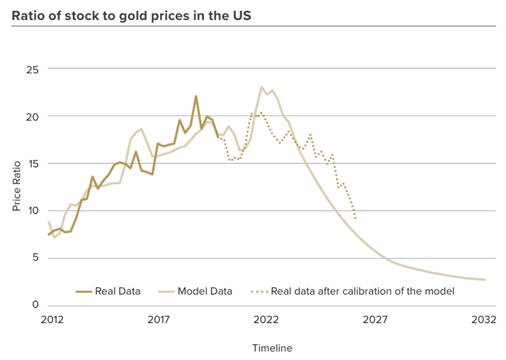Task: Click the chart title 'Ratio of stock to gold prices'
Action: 132,16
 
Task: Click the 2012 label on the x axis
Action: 52,320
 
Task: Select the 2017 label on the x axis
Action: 159,320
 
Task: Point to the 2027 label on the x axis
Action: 374,320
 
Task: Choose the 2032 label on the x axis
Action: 482,320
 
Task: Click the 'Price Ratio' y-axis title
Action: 17,187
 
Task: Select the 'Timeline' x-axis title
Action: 273,348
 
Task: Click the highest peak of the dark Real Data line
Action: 196,96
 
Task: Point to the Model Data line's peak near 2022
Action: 261,87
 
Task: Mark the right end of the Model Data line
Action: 485,280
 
